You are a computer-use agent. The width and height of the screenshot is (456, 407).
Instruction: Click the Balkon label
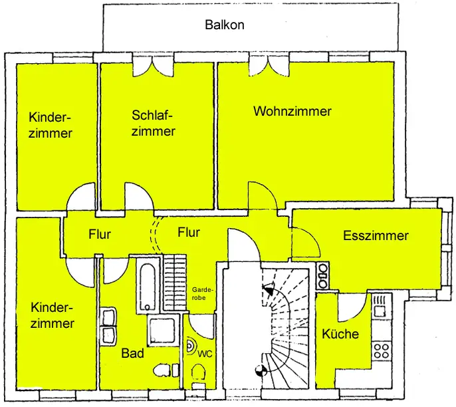pos(224,25)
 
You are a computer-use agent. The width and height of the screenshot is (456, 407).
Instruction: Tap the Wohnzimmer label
pos(292,111)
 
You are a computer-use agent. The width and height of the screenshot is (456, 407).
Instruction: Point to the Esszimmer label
pos(376,235)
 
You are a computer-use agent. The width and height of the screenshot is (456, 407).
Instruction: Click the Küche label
pos(340,334)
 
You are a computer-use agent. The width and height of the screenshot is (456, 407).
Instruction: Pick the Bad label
pos(132,353)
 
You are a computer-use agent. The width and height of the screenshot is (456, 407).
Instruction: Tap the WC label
pos(205,353)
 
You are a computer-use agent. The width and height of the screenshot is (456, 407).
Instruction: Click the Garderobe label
pos(203,295)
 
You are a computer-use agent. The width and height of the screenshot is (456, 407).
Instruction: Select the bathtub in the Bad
pos(148,285)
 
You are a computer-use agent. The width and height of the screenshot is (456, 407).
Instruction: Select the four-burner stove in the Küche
pos(382,350)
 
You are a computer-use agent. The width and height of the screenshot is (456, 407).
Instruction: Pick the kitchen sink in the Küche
pos(380,306)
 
